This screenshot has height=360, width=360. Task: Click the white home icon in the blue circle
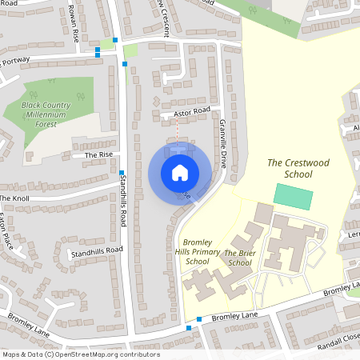179,172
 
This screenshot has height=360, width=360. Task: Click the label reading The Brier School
239,257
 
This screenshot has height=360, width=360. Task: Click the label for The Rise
99,155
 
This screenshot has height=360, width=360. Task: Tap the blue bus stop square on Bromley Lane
189,328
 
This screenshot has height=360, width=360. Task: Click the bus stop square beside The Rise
121,172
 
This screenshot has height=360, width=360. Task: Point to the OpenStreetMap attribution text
80,354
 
